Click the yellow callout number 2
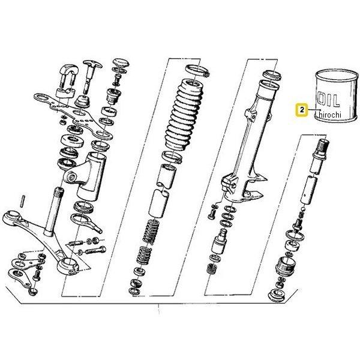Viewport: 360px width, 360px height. pyautogui.click(x=302, y=110)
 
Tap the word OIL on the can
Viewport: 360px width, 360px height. pyautogui.click(x=328, y=100)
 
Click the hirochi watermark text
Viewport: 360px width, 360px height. pyautogui.click(x=330, y=115)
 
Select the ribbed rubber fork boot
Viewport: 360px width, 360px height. pyautogui.click(x=185, y=115)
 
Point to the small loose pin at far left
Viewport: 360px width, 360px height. pyautogui.click(x=23, y=202)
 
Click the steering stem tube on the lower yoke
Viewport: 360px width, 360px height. pyautogui.click(x=53, y=211)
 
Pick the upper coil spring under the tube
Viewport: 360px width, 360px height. pyautogui.click(x=151, y=231)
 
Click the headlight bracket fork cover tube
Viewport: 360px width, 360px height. pyautogui.click(x=91, y=176)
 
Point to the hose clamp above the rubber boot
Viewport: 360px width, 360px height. pyautogui.click(x=197, y=71)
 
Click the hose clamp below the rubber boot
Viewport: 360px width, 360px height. pyautogui.click(x=172, y=157)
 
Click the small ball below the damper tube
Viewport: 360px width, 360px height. pyautogui.click(x=303, y=209)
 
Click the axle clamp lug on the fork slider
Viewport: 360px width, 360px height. pyautogui.click(x=230, y=182)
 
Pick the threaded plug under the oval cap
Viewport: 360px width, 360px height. pyautogui.click(x=114, y=96)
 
